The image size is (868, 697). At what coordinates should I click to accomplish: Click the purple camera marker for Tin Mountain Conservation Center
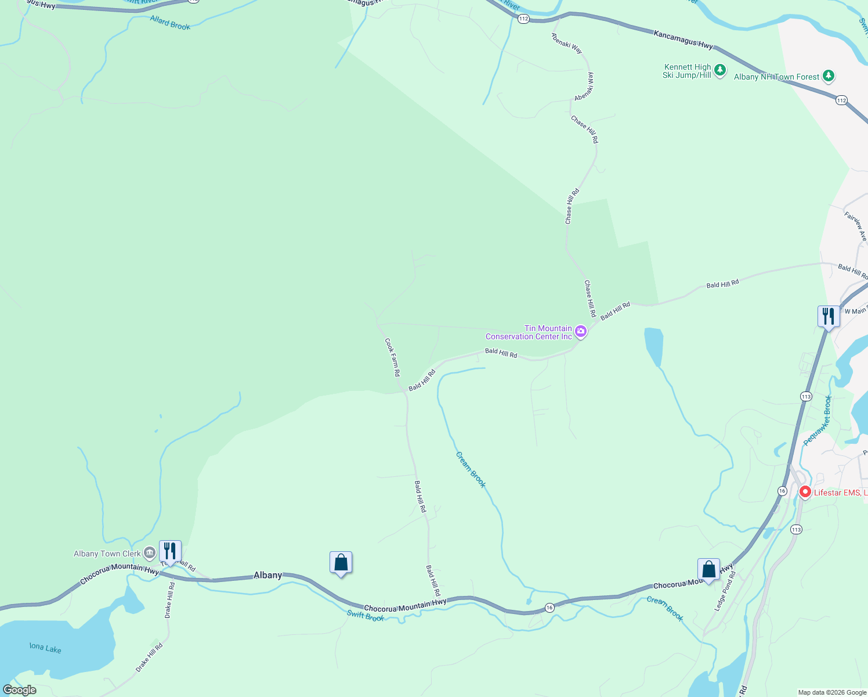pos(581,332)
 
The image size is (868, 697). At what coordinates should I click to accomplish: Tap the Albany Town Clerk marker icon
pos(150,552)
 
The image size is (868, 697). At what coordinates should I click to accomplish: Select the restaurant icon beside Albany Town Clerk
pos(170,551)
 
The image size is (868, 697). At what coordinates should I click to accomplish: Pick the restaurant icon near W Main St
pos(829,317)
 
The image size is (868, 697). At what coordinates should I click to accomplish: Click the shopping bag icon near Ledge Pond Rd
pos(708,569)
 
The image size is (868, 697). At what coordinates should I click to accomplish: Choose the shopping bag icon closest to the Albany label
pos(341,562)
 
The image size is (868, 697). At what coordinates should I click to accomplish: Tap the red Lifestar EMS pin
pos(805,492)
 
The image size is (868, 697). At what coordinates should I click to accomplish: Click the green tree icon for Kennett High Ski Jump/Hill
pos(720,71)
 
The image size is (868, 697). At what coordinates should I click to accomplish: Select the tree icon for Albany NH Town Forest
pos(829,76)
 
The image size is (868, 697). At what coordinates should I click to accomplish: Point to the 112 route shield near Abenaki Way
pos(523,19)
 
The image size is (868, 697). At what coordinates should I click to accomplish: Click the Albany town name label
pos(268,575)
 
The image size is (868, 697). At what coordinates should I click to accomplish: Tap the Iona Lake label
pos(46,648)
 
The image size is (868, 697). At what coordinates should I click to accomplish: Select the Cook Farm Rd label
pos(393,357)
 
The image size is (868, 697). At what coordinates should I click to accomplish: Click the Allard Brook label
pos(170,23)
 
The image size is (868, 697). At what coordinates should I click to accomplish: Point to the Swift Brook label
pos(366,616)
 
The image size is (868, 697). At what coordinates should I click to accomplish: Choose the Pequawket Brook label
pos(819,421)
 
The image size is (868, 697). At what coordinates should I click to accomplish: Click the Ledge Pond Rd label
pos(725,591)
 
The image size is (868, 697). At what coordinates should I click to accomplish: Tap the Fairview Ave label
pos(856,227)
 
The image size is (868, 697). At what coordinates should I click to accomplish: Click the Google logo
pos(20,690)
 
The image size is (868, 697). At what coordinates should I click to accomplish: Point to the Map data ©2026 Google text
pos(832,692)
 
